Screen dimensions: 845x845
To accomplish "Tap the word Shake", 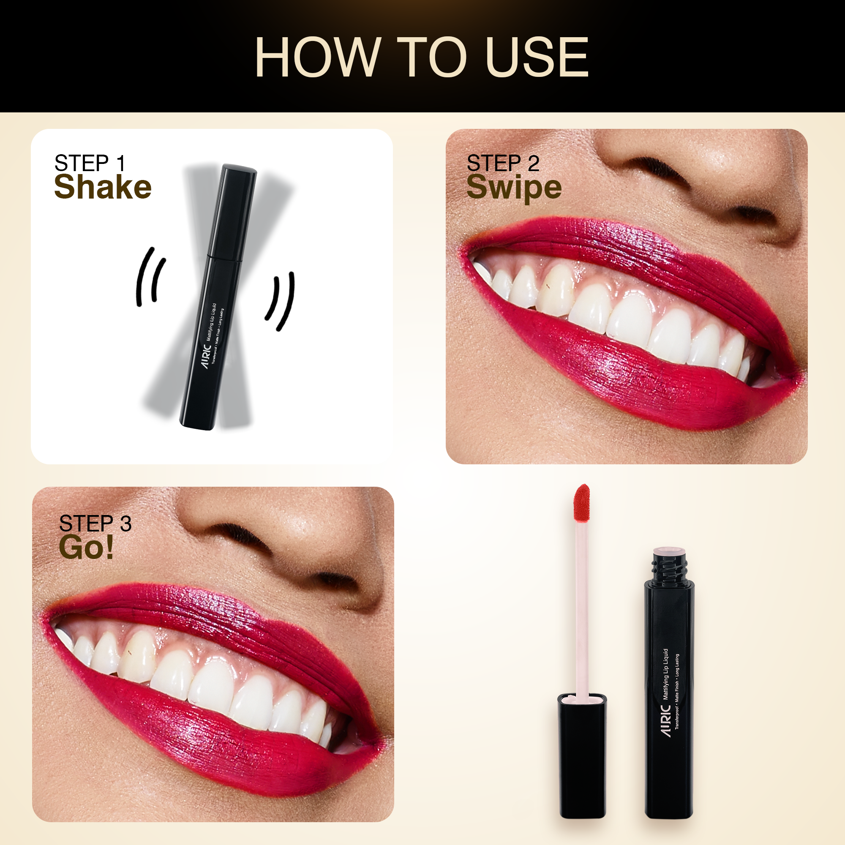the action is pos(103,187).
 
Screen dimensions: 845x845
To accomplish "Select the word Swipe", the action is pos(514,188).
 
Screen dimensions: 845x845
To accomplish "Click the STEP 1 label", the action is pos(90,163).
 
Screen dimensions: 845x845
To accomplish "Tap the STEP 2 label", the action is pos(503,163).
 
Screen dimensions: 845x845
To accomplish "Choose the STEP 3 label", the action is pos(95,523).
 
